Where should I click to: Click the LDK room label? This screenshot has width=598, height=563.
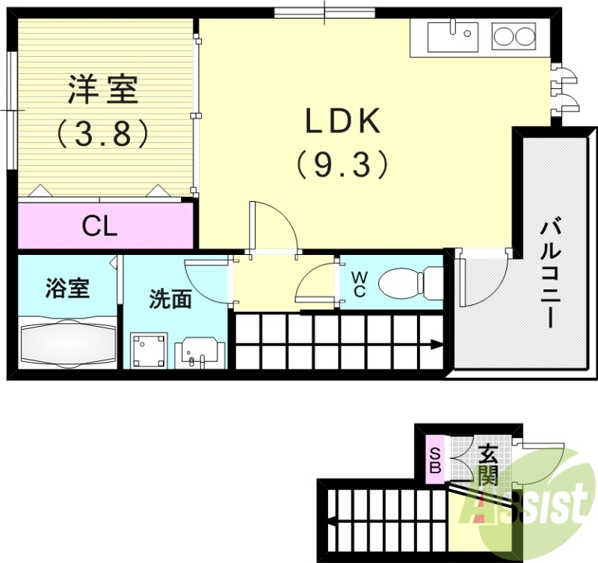343,121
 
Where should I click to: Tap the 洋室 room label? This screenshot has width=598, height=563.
102,90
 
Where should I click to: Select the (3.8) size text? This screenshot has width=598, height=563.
102,134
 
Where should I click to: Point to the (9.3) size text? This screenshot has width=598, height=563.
343,164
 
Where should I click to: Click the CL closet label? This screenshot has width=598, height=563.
99,226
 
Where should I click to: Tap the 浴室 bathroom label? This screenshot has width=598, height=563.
67,288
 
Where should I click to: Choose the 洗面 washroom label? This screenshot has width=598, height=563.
170,299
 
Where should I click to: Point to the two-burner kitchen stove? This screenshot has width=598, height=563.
514,35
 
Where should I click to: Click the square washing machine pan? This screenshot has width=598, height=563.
149,349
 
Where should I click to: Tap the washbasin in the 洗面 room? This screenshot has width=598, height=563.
200,351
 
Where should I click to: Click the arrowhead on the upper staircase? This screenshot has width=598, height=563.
435,345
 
